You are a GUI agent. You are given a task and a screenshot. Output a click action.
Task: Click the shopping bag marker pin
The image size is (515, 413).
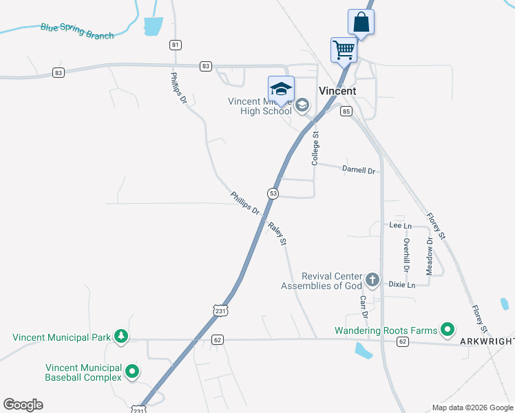pyautogui.click(x=361, y=22)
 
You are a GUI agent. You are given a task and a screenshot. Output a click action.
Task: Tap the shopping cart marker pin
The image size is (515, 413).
pyautogui.click(x=343, y=49)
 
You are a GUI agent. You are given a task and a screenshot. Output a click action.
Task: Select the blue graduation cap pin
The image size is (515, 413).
pyautogui.click(x=281, y=89)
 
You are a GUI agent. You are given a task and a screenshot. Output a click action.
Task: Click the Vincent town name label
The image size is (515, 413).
pyautogui.click(x=337, y=91)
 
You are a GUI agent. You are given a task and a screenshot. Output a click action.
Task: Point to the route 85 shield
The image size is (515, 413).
pyautogui.click(x=346, y=112)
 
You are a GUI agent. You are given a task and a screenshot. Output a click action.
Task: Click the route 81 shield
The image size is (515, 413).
pyautogui.click(x=176, y=45)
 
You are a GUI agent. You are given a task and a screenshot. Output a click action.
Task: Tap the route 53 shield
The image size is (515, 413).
pyautogui.click(x=273, y=193)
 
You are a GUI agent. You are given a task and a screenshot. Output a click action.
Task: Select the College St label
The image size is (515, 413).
pyautogui.click(x=316, y=149)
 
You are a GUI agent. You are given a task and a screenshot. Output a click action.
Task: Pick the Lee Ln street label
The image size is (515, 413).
pyautogui.click(x=400, y=225)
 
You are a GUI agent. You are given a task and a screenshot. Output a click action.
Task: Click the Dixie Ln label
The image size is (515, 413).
pyautogui.click(x=402, y=284)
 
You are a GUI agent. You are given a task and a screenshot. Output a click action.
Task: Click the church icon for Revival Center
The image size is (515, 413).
pyautogui.click(x=372, y=280)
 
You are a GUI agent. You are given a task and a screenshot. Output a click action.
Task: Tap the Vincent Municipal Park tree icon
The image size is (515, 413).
pyautogui.click(x=121, y=337)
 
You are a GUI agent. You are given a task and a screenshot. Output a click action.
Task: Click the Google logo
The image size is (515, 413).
pyautogui.click(x=23, y=405)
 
